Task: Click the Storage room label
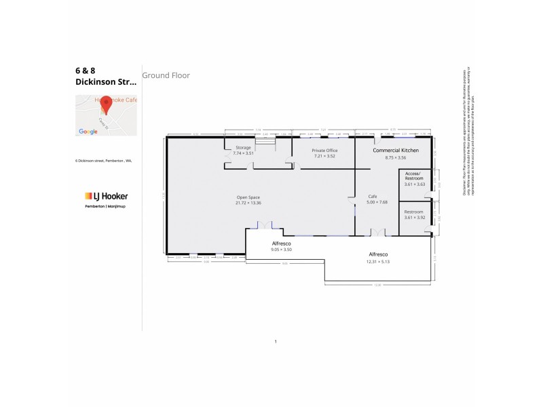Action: click(x=243, y=147)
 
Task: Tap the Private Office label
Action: click(x=324, y=150)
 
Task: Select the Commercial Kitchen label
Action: click(x=395, y=149)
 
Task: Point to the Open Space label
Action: click(x=248, y=197)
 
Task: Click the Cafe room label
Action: click(x=372, y=195)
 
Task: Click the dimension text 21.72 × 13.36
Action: click(x=248, y=203)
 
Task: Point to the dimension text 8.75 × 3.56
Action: click(x=395, y=157)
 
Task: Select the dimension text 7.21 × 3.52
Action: click(x=324, y=157)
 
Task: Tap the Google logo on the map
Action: click(x=88, y=132)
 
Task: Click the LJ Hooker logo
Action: click(x=101, y=196)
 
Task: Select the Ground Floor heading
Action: click(x=166, y=75)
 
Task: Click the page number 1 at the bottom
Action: click(x=276, y=341)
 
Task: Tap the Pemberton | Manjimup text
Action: click(x=101, y=205)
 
